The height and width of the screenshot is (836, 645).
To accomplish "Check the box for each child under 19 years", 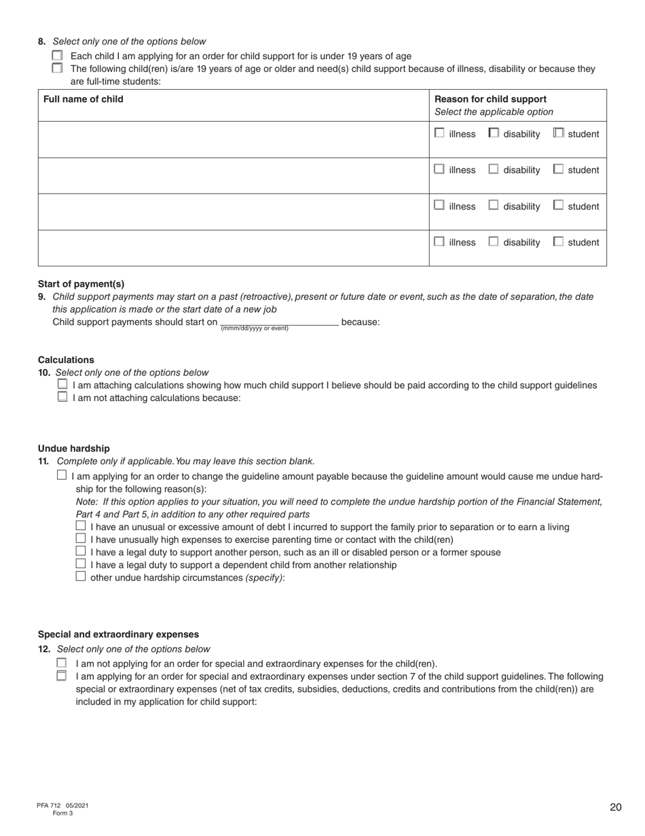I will tap(57, 56).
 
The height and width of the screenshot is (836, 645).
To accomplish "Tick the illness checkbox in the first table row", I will tap(439, 133).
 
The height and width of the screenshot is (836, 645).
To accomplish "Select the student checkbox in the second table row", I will tap(558, 169).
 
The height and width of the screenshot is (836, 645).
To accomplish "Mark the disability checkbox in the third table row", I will tap(494, 205).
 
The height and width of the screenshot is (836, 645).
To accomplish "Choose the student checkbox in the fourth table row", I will tap(558, 241).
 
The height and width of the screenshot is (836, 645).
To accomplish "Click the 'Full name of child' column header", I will tap(84, 99).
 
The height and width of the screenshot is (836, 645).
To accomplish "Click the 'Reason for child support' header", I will tap(490, 99).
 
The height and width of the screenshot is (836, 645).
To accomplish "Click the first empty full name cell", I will tap(233, 139).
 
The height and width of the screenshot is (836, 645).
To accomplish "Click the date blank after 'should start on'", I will tap(280, 321).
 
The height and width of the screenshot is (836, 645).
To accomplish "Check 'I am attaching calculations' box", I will tap(62, 385).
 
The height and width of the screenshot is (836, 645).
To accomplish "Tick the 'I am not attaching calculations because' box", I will tap(62, 398).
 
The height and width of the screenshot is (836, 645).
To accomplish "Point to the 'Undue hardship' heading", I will tap(73, 449).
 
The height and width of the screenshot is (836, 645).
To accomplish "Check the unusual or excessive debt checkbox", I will tap(81, 527).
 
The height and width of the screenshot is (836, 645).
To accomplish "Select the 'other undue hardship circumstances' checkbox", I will tap(81, 577).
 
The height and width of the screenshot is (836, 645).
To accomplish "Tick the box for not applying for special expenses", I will tap(62, 663).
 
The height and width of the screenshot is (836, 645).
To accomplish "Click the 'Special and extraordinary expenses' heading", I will tap(118, 634).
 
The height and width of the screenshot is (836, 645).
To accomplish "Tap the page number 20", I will tap(615, 807).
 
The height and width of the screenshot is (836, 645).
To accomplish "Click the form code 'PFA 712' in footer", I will tap(49, 805).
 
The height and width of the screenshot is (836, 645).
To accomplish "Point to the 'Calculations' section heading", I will tap(66, 360).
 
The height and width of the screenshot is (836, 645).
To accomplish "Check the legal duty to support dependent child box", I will tap(81, 564).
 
